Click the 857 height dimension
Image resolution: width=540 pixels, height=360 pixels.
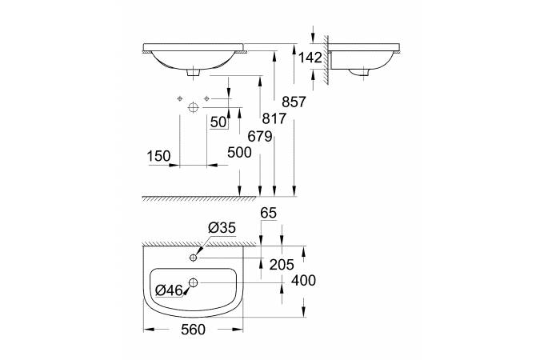[294, 102]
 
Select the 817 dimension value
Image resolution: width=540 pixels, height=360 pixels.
[274, 118]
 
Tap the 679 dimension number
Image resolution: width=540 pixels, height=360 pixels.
[260, 137]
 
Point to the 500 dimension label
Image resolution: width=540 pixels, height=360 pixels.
[239, 152]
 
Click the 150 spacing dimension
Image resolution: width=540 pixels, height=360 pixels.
[158, 156]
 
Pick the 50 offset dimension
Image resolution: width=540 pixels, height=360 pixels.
[218, 122]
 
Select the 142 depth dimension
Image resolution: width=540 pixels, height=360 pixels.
[310, 58]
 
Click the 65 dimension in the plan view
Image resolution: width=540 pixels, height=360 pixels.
[269, 213]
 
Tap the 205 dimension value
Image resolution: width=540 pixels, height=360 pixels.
[282, 265]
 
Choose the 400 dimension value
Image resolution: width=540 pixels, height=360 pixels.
[303, 281]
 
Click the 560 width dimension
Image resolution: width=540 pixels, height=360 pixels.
[193, 330]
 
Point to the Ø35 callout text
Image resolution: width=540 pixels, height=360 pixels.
[222, 228]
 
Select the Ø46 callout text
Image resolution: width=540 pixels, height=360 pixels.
[169, 290]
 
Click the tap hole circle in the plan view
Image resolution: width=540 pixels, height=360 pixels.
[194, 258]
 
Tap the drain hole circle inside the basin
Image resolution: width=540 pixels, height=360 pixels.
[194, 283]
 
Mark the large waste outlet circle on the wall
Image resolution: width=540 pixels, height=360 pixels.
[194, 107]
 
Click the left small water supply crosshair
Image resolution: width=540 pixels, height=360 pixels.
[179, 99]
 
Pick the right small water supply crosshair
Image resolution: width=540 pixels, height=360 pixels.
[206, 99]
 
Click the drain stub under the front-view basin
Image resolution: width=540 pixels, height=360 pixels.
[194, 72]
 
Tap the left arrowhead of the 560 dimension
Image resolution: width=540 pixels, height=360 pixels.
[148, 330]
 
